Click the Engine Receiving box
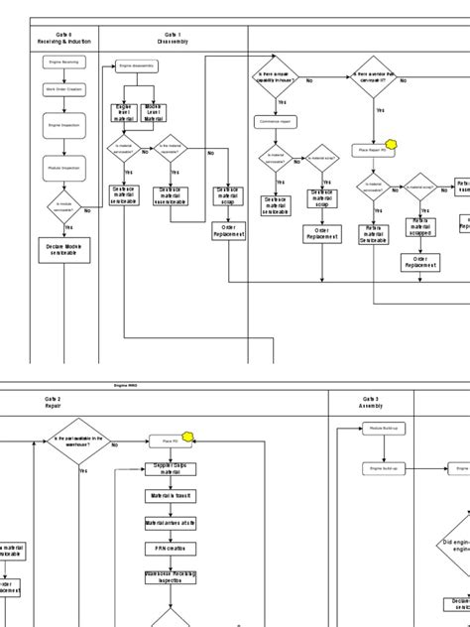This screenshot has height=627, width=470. click(64, 63)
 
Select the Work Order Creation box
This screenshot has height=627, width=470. click(64, 90)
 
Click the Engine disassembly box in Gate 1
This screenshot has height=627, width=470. click(138, 66)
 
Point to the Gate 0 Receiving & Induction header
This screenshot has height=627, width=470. click(63, 37)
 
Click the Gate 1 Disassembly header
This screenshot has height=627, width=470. click(172, 37)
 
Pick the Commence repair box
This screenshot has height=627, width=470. click(277, 122)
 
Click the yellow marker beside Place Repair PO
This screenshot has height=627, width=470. click(392, 145)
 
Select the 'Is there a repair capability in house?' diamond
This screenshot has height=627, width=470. click(277, 79)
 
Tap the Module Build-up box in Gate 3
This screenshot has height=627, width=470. click(383, 427)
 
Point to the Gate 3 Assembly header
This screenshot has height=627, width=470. click(369, 402)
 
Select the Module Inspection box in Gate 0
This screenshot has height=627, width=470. click(64, 169)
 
